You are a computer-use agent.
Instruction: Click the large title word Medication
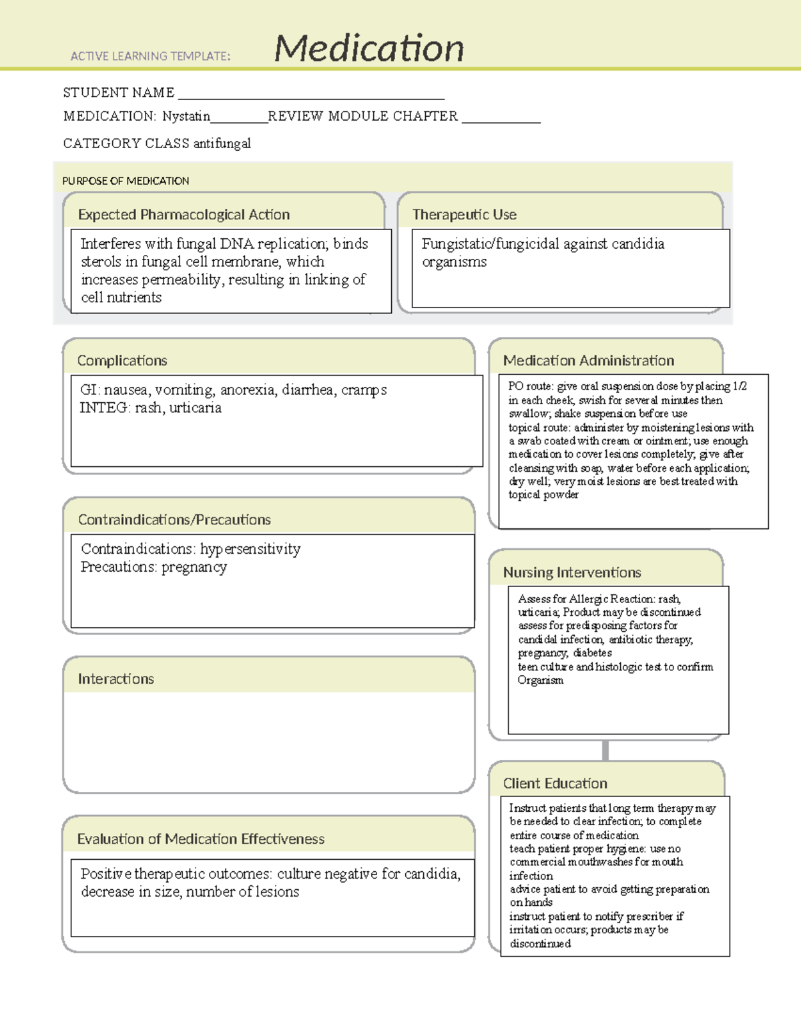tap(369, 48)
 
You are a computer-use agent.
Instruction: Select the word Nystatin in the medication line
tap(186, 116)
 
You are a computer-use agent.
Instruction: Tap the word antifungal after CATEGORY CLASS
tap(222, 143)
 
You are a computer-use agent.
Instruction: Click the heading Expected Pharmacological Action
tap(184, 215)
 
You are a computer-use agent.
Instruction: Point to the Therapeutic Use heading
tap(464, 215)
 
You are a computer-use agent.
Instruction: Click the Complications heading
tap(122, 361)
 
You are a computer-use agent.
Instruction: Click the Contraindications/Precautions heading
tap(174, 520)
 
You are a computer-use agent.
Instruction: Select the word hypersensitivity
tap(250, 549)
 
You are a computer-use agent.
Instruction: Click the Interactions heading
tap(115, 679)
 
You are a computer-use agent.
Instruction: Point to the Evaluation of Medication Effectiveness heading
tap(201, 839)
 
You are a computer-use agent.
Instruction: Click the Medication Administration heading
tap(588, 361)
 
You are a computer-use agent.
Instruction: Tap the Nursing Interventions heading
tap(572, 572)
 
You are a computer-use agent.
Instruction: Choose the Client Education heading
tap(555, 784)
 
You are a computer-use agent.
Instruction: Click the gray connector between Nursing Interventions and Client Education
tap(605, 750)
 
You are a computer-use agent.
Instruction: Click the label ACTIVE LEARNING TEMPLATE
tap(150, 57)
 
